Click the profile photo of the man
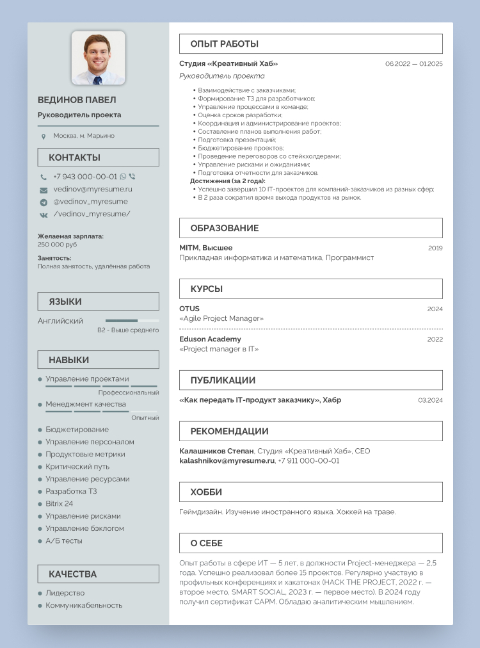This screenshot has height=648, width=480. [x=98, y=58]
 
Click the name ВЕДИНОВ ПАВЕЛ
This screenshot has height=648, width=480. [x=77, y=101]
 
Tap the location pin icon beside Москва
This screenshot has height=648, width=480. [x=44, y=136]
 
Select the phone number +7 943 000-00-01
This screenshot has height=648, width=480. [x=85, y=177]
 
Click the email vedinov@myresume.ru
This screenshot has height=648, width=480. [x=93, y=190]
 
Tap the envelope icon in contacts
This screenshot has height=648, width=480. [x=44, y=190]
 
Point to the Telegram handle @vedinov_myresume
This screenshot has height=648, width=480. [x=90, y=202]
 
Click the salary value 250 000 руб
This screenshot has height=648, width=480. [x=57, y=245]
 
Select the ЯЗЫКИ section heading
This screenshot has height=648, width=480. [x=65, y=302]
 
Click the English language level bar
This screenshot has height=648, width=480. [x=132, y=320]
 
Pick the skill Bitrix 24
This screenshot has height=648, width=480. [x=59, y=504]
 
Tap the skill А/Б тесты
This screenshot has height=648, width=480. [x=64, y=541]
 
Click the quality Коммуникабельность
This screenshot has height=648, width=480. [x=84, y=605]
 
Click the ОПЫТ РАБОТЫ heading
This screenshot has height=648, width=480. [x=224, y=44]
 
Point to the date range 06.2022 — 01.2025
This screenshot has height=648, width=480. [x=413, y=64]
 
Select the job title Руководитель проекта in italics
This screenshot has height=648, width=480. [x=213, y=76]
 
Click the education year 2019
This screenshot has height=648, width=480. [x=435, y=248]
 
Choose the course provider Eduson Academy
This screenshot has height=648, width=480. [x=210, y=339]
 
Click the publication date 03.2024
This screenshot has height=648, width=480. [x=430, y=400]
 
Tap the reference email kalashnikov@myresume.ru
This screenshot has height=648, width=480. [x=227, y=461]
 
